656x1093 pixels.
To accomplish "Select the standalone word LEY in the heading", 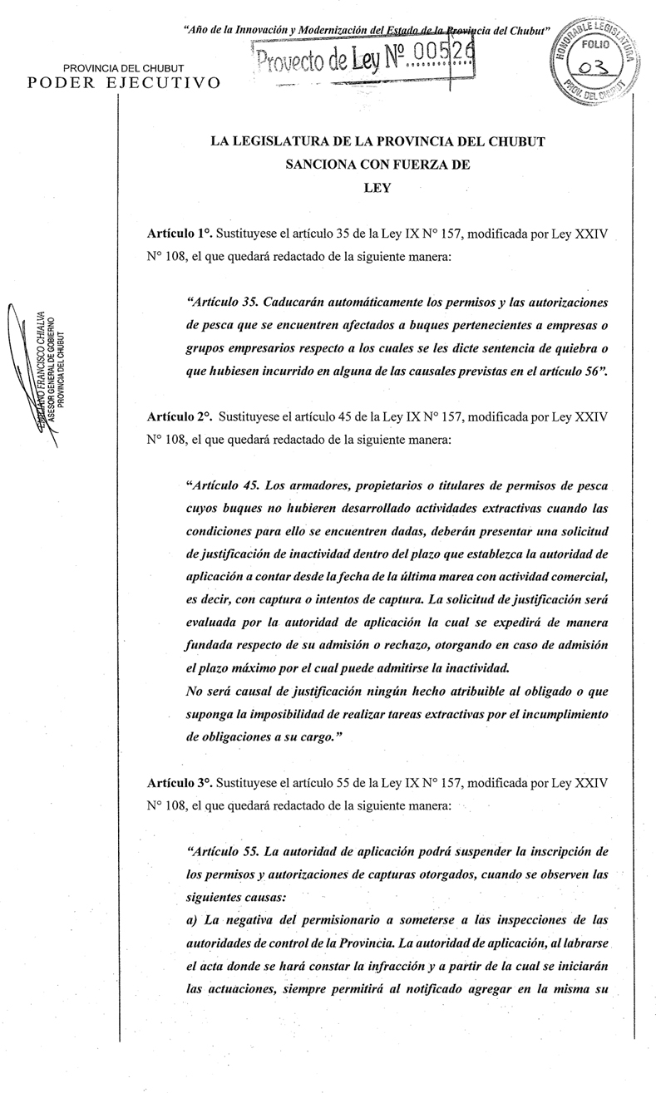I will pos(377,187).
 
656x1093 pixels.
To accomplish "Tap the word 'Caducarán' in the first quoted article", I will pos(310,300).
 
